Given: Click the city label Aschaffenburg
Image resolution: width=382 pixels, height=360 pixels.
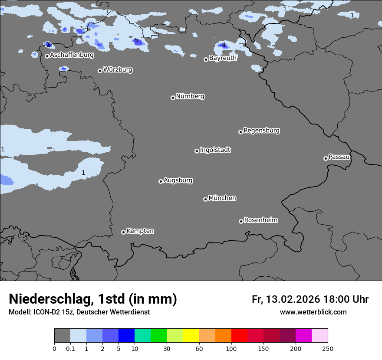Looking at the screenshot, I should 72,55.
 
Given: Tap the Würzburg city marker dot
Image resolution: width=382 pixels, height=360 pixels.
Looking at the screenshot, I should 100,71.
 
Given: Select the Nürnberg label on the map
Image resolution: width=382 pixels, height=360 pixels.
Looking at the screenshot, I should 190,96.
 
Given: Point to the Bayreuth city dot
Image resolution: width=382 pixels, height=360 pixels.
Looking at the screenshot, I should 206,59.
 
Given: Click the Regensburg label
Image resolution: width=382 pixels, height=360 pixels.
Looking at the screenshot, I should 261,131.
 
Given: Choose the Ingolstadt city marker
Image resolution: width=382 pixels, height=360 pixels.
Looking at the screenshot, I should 197,151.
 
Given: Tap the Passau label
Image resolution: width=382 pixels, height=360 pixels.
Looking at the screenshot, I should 339,157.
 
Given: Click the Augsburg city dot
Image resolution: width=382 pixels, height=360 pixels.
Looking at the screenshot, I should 161,181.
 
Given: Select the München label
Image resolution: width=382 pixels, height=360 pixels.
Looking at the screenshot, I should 222,198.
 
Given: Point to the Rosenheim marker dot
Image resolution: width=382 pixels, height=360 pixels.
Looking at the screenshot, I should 241,221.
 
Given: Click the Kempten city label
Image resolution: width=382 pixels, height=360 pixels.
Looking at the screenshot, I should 140,231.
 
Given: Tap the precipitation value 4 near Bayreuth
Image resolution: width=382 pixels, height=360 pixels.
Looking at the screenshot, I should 224,45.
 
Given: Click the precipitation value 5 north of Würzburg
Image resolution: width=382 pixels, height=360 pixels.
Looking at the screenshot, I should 136,40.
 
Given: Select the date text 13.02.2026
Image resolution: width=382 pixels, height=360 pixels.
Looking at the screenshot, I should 293,299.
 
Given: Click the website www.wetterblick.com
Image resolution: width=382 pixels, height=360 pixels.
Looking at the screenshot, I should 313,312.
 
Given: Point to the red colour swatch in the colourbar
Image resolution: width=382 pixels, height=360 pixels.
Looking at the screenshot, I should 239,336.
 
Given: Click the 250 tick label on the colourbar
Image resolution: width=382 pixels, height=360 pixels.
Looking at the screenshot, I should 328,348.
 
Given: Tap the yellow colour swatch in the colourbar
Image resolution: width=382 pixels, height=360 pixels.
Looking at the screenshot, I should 191,336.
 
